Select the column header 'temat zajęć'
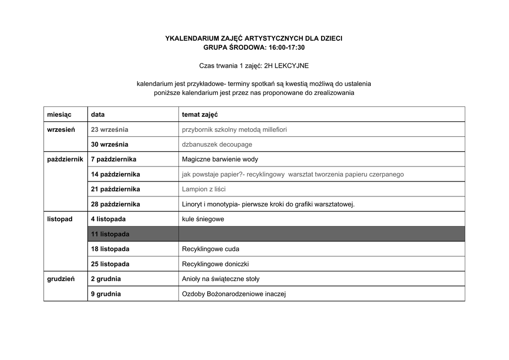(200, 114)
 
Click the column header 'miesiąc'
(59, 114)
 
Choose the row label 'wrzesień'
(61, 129)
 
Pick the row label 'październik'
(65, 159)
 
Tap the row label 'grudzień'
(61, 279)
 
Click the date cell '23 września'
(109, 129)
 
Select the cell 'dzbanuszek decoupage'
(217, 144)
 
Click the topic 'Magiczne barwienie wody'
(220, 159)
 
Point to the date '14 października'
(115, 174)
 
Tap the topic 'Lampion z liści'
(204, 189)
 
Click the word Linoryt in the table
(192, 204)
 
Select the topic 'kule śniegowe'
(203, 219)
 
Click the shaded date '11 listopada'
(110, 234)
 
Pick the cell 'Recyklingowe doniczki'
(215, 264)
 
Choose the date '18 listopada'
(110, 249)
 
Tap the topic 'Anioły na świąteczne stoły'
(221, 279)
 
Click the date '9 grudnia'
(106, 294)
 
